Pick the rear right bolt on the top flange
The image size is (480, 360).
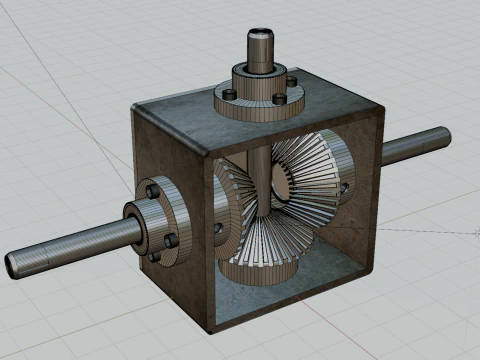pyautogui.click(x=291, y=80)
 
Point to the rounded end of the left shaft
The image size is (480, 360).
pyautogui.click(x=12, y=265)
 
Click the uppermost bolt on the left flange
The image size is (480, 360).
pyautogui.click(x=152, y=190)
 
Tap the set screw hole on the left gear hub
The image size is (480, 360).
pyautogui.click(x=218, y=229)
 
